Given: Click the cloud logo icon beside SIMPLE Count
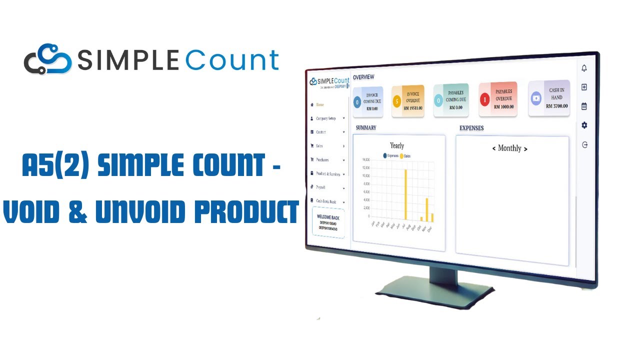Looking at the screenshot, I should (48, 60).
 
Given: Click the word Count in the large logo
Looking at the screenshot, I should (232, 60).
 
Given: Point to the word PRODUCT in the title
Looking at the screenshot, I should (246, 212).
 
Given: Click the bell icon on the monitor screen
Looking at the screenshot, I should (584, 68).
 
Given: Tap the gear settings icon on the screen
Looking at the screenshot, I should (584, 125).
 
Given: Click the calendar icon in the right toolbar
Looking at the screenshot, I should (584, 106).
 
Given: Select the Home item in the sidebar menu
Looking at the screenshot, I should (320, 105).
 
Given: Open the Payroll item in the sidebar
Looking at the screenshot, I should (321, 187).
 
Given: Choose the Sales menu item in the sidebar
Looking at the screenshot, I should (319, 146).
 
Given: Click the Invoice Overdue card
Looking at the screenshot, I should (407, 101).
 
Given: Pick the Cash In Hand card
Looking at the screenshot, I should (549, 98).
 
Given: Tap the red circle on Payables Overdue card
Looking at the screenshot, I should (484, 100).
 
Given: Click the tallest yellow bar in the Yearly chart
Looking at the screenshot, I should (405, 194).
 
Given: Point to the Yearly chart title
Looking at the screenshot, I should (397, 145).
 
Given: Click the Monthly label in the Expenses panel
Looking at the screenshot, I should (509, 148).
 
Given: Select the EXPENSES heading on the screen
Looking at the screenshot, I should (471, 128).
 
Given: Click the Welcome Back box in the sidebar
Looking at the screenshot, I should (328, 222).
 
